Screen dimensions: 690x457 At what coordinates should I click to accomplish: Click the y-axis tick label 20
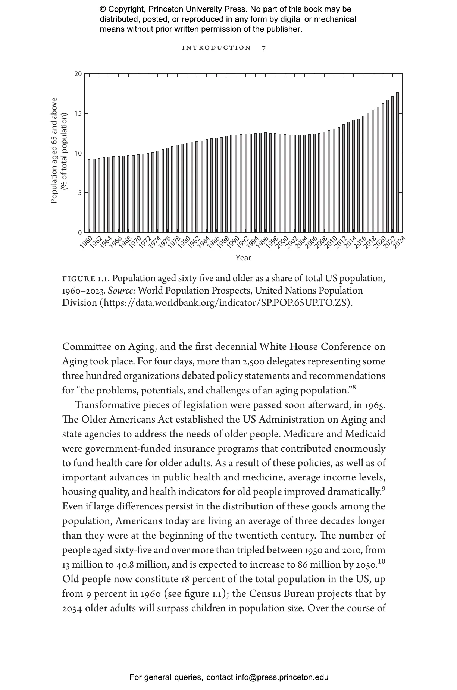tap(78, 74)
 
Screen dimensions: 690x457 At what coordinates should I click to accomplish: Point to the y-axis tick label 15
tap(78, 113)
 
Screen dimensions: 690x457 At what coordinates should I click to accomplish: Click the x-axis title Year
tap(243, 258)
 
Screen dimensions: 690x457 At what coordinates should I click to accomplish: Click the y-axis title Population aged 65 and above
tap(54, 151)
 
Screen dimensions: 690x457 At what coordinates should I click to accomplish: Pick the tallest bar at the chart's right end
tap(397, 162)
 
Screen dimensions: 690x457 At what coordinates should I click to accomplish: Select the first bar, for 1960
tap(89, 195)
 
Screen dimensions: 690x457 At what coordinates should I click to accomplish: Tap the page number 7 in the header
tap(264, 48)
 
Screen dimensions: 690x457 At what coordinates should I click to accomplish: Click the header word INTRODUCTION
tap(216, 48)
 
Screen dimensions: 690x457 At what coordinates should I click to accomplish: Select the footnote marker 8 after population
tap(354, 388)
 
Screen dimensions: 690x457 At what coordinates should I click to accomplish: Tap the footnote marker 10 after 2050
tap(381, 562)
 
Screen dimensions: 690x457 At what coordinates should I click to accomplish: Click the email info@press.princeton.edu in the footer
tap(282, 677)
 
